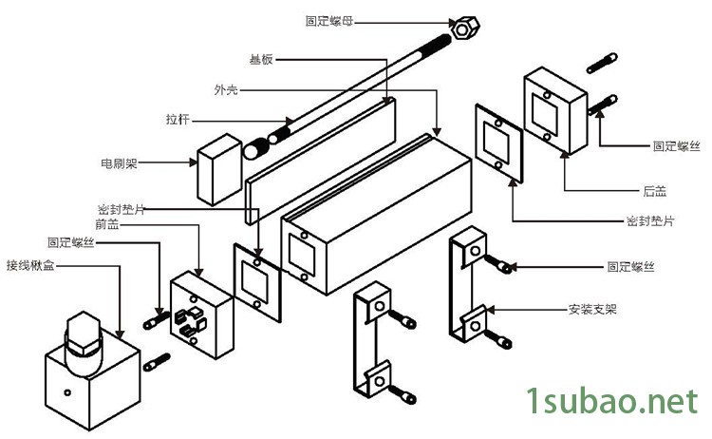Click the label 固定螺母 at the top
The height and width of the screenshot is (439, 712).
(326, 19)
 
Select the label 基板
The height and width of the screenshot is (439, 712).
(262, 59)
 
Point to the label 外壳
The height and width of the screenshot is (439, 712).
(225, 89)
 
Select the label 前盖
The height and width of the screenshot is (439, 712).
(106, 224)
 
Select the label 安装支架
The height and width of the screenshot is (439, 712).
(592, 309)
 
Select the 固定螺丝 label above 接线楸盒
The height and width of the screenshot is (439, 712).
(71, 243)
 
